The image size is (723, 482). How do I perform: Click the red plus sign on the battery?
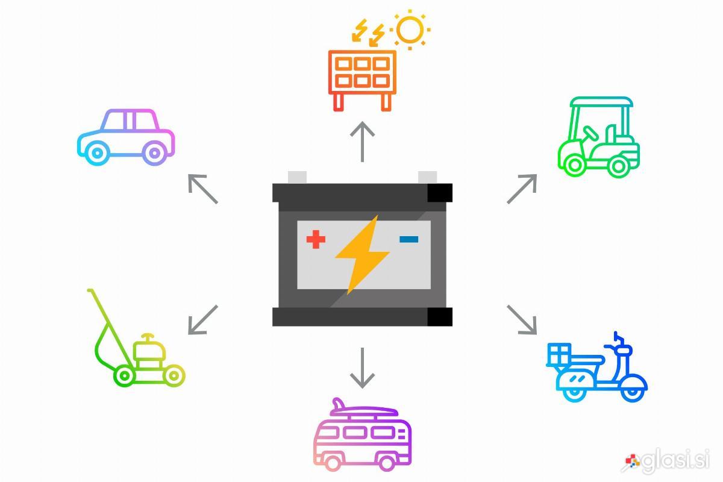tap(316, 239)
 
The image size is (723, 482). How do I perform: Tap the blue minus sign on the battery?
tap(408, 239)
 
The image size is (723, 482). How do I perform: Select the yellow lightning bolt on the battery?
tap(362, 255)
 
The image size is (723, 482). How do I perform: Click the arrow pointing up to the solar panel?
tap(363, 142)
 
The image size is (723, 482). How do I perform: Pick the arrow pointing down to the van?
tap(363, 368)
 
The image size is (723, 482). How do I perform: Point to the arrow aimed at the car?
tap(202, 189)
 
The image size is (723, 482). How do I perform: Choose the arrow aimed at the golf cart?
tap(522, 189)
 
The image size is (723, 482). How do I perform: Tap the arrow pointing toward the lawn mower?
tap(202, 319)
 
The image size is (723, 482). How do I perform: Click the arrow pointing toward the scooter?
tap(522, 319)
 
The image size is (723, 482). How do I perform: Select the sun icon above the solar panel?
tap(410, 30)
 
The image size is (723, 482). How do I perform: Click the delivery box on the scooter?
tap(559, 354)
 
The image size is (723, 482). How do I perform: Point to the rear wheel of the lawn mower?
tap(124, 375)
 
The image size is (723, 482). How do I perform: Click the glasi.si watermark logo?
tap(666, 461)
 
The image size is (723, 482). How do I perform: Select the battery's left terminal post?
tap(297, 177)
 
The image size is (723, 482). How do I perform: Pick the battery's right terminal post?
tap(427, 177)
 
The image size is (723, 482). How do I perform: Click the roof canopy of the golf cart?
tap(602, 102)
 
